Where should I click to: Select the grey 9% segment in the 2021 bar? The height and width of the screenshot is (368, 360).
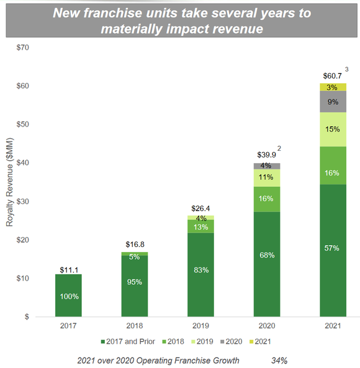click(333, 102)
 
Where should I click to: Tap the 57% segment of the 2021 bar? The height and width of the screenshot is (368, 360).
click(333, 248)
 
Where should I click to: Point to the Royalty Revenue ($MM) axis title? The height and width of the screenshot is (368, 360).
click(9, 182)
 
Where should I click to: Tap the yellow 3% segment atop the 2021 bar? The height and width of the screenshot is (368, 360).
click(333, 87)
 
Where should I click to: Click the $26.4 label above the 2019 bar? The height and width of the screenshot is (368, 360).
click(202, 208)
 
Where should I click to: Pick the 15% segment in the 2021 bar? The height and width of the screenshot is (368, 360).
click(333, 129)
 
